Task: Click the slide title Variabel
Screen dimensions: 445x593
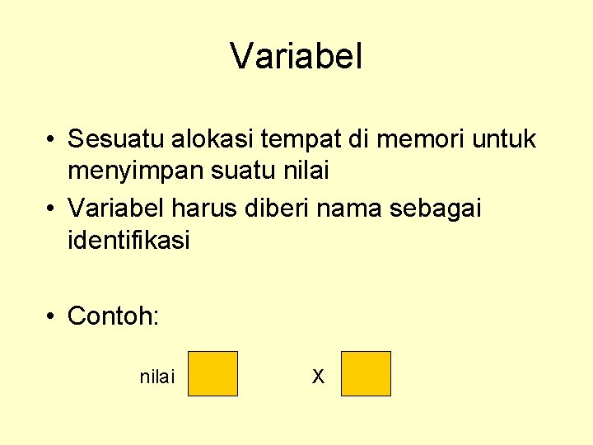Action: [296, 57]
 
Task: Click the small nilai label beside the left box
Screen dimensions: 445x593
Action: [157, 377]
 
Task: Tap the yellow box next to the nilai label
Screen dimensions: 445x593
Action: [212, 373]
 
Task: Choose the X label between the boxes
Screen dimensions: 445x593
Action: [318, 377]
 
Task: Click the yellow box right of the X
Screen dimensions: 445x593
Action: [366, 373]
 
